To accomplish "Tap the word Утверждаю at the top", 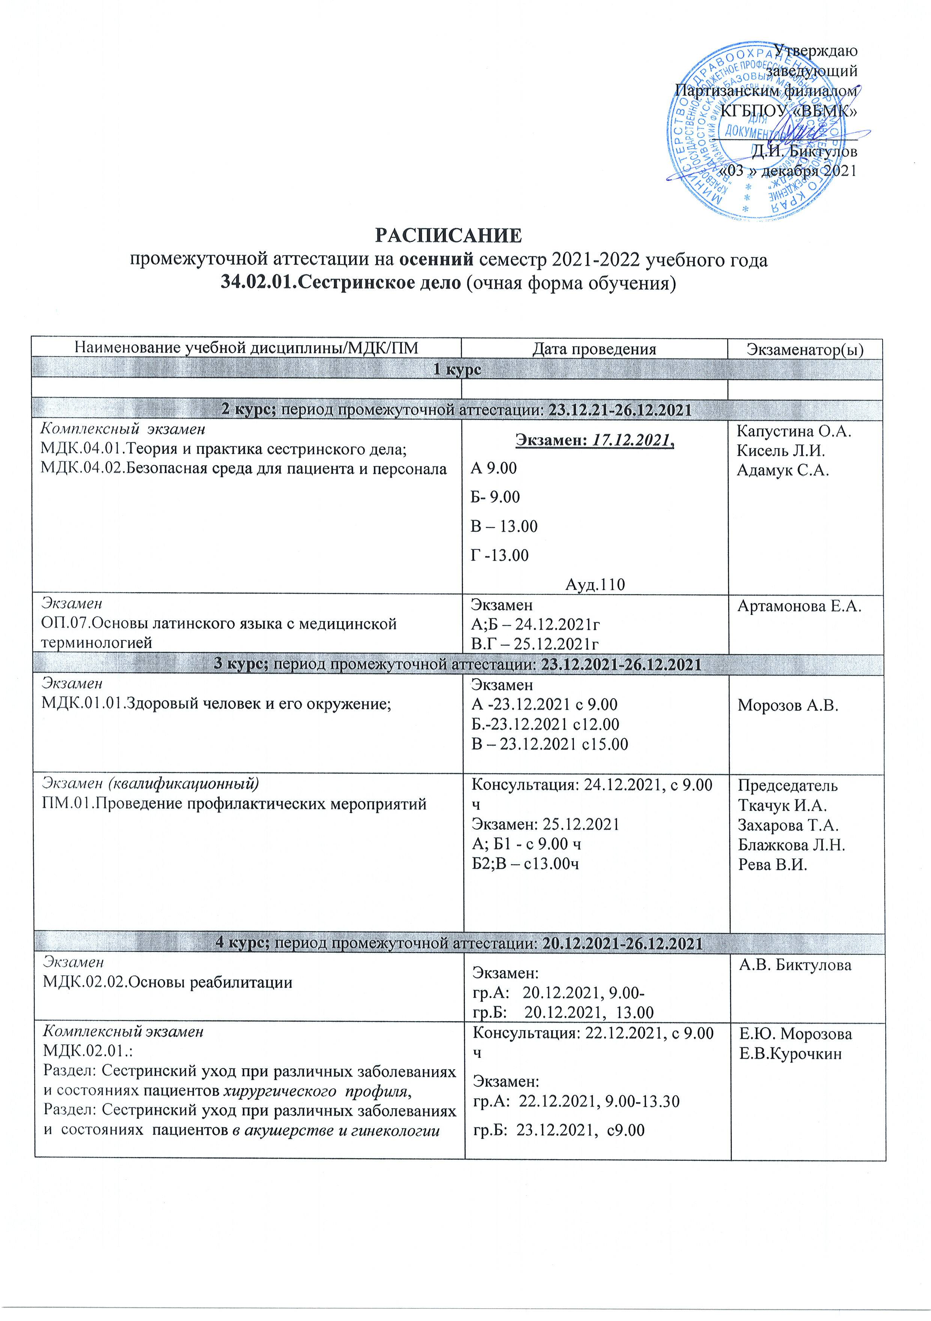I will click(x=815, y=51).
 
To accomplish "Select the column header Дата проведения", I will click(x=594, y=349).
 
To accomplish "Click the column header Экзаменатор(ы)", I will click(x=805, y=349).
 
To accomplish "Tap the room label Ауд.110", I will click(x=594, y=585).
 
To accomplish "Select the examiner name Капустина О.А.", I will click(x=794, y=432).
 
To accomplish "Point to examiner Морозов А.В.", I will click(x=788, y=706).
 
